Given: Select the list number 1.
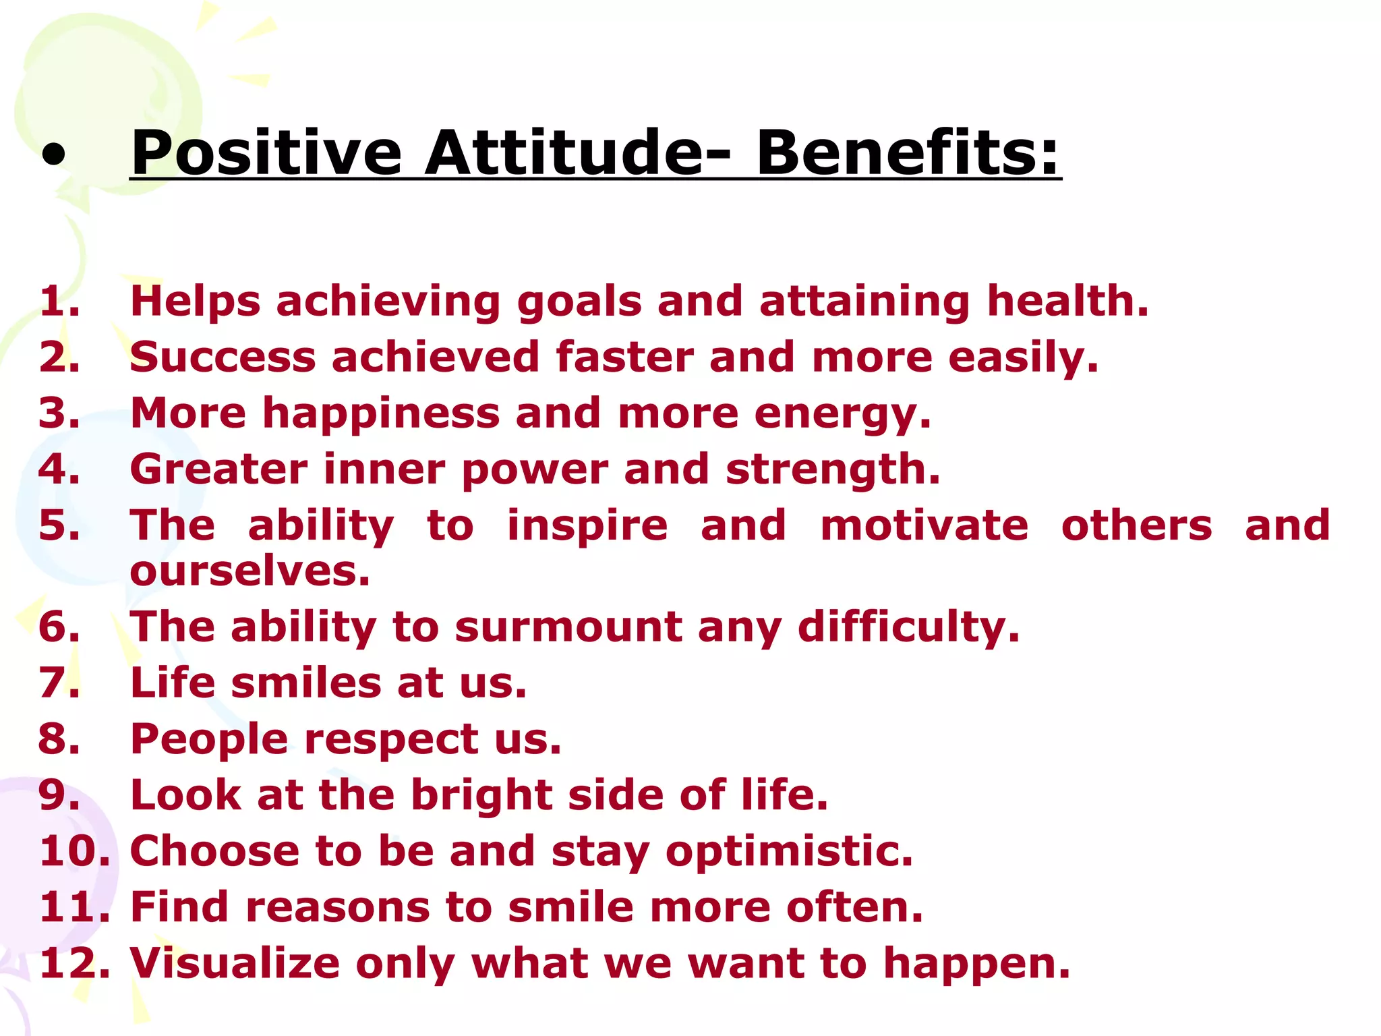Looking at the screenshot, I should pyautogui.click(x=58, y=301).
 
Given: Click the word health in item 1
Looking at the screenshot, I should pyautogui.click(x=1067, y=301).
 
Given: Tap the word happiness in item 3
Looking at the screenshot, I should pyautogui.click(x=381, y=413).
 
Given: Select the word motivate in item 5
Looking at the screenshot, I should pyautogui.click(x=924, y=525).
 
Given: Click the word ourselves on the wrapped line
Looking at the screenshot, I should pyautogui.click(x=249, y=571).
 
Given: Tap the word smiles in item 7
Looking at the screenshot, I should pyautogui.click(x=307, y=683).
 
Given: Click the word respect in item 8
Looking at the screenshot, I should pyautogui.click(x=391, y=739).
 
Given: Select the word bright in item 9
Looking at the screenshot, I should pyautogui.click(x=481, y=796).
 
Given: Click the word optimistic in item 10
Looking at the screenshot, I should pyautogui.click(x=789, y=852).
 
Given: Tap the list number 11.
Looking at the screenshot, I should pyautogui.click(x=73, y=907).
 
